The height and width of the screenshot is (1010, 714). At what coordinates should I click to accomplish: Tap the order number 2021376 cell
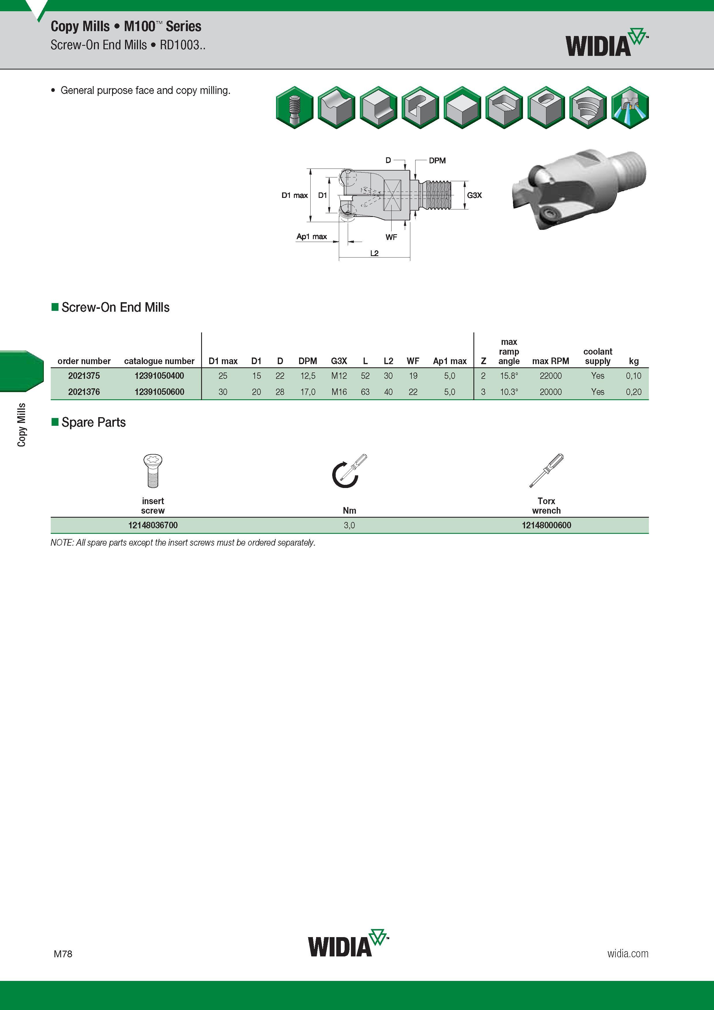(x=84, y=391)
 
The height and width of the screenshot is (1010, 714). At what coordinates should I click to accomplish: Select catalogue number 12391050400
(x=159, y=376)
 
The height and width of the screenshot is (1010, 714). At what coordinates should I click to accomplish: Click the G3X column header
(x=339, y=361)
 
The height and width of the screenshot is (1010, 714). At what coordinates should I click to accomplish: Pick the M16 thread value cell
(x=339, y=391)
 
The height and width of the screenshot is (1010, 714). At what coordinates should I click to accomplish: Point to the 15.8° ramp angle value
(x=509, y=376)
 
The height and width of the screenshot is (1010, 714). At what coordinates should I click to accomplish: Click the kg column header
(x=634, y=361)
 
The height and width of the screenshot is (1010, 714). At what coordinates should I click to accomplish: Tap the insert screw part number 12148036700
(x=153, y=525)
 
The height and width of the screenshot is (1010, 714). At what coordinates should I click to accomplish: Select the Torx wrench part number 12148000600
(x=546, y=525)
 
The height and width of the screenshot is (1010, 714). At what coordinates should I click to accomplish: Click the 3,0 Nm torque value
(x=349, y=525)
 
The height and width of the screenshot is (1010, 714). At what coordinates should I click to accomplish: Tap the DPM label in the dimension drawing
(x=437, y=160)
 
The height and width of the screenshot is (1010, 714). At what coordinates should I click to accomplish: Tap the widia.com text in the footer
(x=628, y=953)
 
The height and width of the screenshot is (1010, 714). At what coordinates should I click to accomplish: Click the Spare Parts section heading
(x=93, y=422)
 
